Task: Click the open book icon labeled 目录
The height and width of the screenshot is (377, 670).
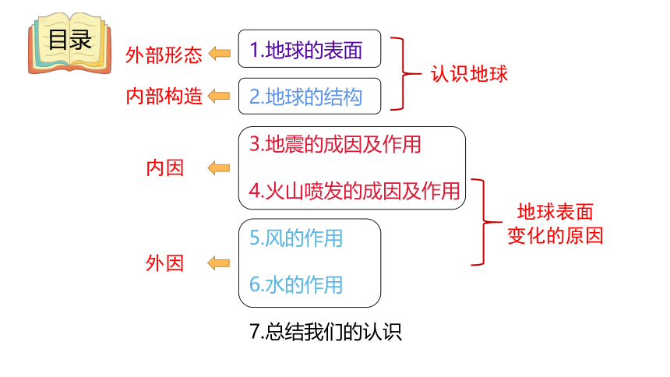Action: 69,43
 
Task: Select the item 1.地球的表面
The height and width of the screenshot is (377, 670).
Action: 306,50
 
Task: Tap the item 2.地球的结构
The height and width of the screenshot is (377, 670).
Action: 306,97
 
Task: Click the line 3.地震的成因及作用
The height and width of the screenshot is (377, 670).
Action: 336,144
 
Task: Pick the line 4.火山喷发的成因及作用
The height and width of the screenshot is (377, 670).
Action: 354,191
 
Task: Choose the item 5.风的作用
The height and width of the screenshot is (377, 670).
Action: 296,238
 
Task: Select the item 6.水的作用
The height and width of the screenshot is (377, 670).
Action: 296,284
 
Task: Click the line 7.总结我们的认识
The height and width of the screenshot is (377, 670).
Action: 326,332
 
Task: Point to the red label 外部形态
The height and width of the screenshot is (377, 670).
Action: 164,55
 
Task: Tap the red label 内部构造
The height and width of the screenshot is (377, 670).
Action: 164,96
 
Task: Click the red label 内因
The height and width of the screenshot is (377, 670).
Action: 165,168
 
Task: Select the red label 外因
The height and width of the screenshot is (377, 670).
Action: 165,262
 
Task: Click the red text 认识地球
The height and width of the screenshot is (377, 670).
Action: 469,74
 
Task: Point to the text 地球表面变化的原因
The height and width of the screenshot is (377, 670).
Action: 555,224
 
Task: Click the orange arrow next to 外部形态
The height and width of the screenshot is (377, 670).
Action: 219,54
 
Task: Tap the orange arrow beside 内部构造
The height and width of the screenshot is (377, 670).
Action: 219,96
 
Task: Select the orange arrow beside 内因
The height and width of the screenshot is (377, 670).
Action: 219,168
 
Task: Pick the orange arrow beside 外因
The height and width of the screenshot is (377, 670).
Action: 219,262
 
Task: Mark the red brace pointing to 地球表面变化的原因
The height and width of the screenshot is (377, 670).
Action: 484,222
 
